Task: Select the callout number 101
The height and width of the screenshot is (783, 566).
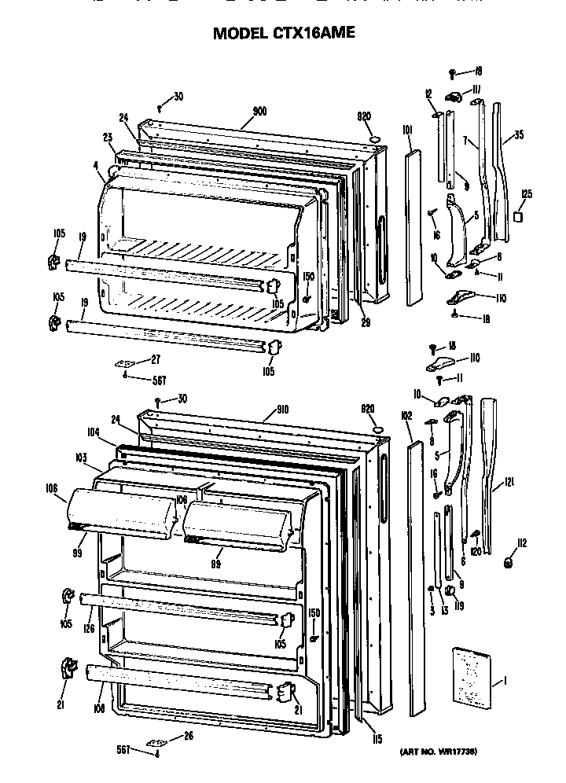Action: pyautogui.click(x=407, y=130)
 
